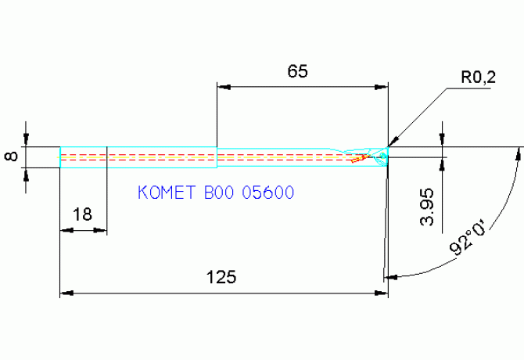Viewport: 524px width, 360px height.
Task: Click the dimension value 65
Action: pyautogui.click(x=297, y=71)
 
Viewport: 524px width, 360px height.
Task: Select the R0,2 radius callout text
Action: pyautogui.click(x=478, y=77)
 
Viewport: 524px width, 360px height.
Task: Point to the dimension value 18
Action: pyautogui.click(x=81, y=214)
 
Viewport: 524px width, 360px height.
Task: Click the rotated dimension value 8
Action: pyautogui.click(x=11, y=157)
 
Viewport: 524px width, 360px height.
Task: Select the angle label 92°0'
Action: pyautogui.click(x=469, y=239)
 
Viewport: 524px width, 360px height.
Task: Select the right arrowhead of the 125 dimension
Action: pyautogui.click(x=383, y=293)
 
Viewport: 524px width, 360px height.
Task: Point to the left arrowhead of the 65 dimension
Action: pyautogui.click(x=222, y=86)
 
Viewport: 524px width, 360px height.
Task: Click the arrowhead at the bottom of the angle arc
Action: pyautogui.click(x=391, y=276)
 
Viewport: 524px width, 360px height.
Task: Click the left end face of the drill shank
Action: pyautogui.click(x=61, y=157)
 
